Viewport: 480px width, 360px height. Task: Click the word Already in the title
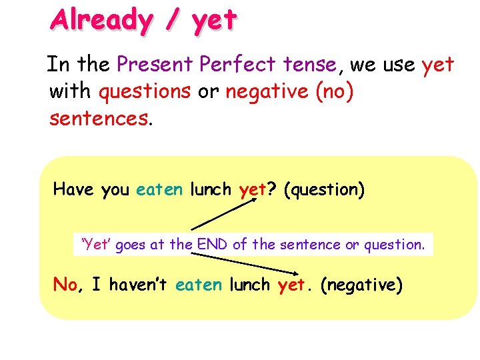coord(101,19)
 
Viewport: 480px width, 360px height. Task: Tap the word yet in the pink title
coord(213,21)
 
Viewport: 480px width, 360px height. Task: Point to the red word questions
coord(144,91)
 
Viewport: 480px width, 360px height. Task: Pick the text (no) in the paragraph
coord(332,91)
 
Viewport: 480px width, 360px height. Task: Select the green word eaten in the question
coord(159,190)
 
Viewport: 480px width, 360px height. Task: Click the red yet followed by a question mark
coord(253,191)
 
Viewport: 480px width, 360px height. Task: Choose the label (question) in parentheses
coord(324,191)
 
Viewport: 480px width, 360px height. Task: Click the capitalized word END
coord(213,245)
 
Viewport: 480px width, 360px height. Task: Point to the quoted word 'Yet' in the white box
coord(96,245)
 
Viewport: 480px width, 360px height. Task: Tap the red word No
coord(65,285)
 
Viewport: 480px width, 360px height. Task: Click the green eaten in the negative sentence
coord(199,285)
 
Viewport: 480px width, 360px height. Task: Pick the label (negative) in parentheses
coord(361,285)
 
